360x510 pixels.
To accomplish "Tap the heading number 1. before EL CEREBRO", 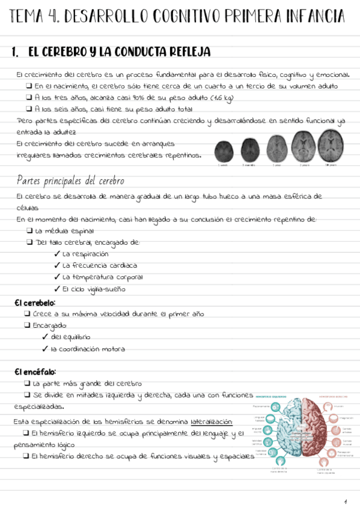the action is point(16,53).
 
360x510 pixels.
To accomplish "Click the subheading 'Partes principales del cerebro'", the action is point(70,180).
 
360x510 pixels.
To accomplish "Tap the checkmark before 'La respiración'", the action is point(57,254).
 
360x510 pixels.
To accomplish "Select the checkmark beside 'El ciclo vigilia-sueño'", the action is point(57,289).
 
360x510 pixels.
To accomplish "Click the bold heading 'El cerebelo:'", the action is point(35,303).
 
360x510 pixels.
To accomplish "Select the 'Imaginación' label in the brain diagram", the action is point(346,417).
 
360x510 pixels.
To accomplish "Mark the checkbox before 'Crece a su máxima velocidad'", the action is point(28,314).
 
